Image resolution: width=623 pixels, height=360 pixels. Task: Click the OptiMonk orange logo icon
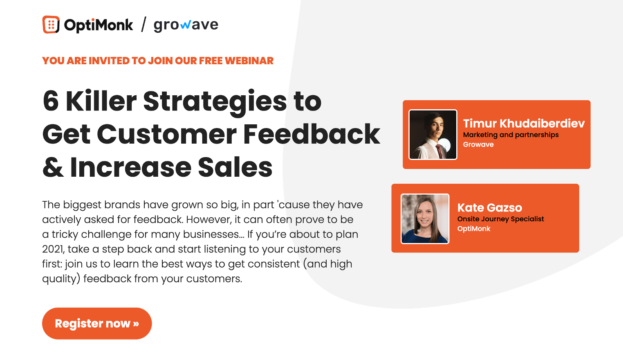pos(51,25)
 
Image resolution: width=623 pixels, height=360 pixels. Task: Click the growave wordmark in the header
pos(186,25)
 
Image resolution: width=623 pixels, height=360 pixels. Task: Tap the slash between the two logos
pos(143,25)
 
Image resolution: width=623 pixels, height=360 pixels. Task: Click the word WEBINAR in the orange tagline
pos(249,61)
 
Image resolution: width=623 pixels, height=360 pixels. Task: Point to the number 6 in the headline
pos(51,101)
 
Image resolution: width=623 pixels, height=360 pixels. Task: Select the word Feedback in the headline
pos(311,134)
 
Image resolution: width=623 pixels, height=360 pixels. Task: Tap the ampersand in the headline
pos(53,168)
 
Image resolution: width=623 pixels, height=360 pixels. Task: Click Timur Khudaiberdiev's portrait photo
pos(433,134)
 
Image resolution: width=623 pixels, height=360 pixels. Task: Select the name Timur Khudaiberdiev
pos(524,124)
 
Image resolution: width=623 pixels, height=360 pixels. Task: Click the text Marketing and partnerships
pos(511,135)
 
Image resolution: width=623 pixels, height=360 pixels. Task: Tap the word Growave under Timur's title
pos(478,144)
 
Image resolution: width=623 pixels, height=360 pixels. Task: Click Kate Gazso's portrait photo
pos(425,218)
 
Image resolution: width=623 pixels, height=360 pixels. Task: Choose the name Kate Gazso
pos(490,208)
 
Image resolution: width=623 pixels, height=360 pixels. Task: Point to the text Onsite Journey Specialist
pos(500,219)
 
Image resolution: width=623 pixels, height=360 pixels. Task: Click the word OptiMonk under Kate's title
pos(474,229)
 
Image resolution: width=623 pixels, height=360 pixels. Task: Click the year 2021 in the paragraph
pos(52,249)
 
